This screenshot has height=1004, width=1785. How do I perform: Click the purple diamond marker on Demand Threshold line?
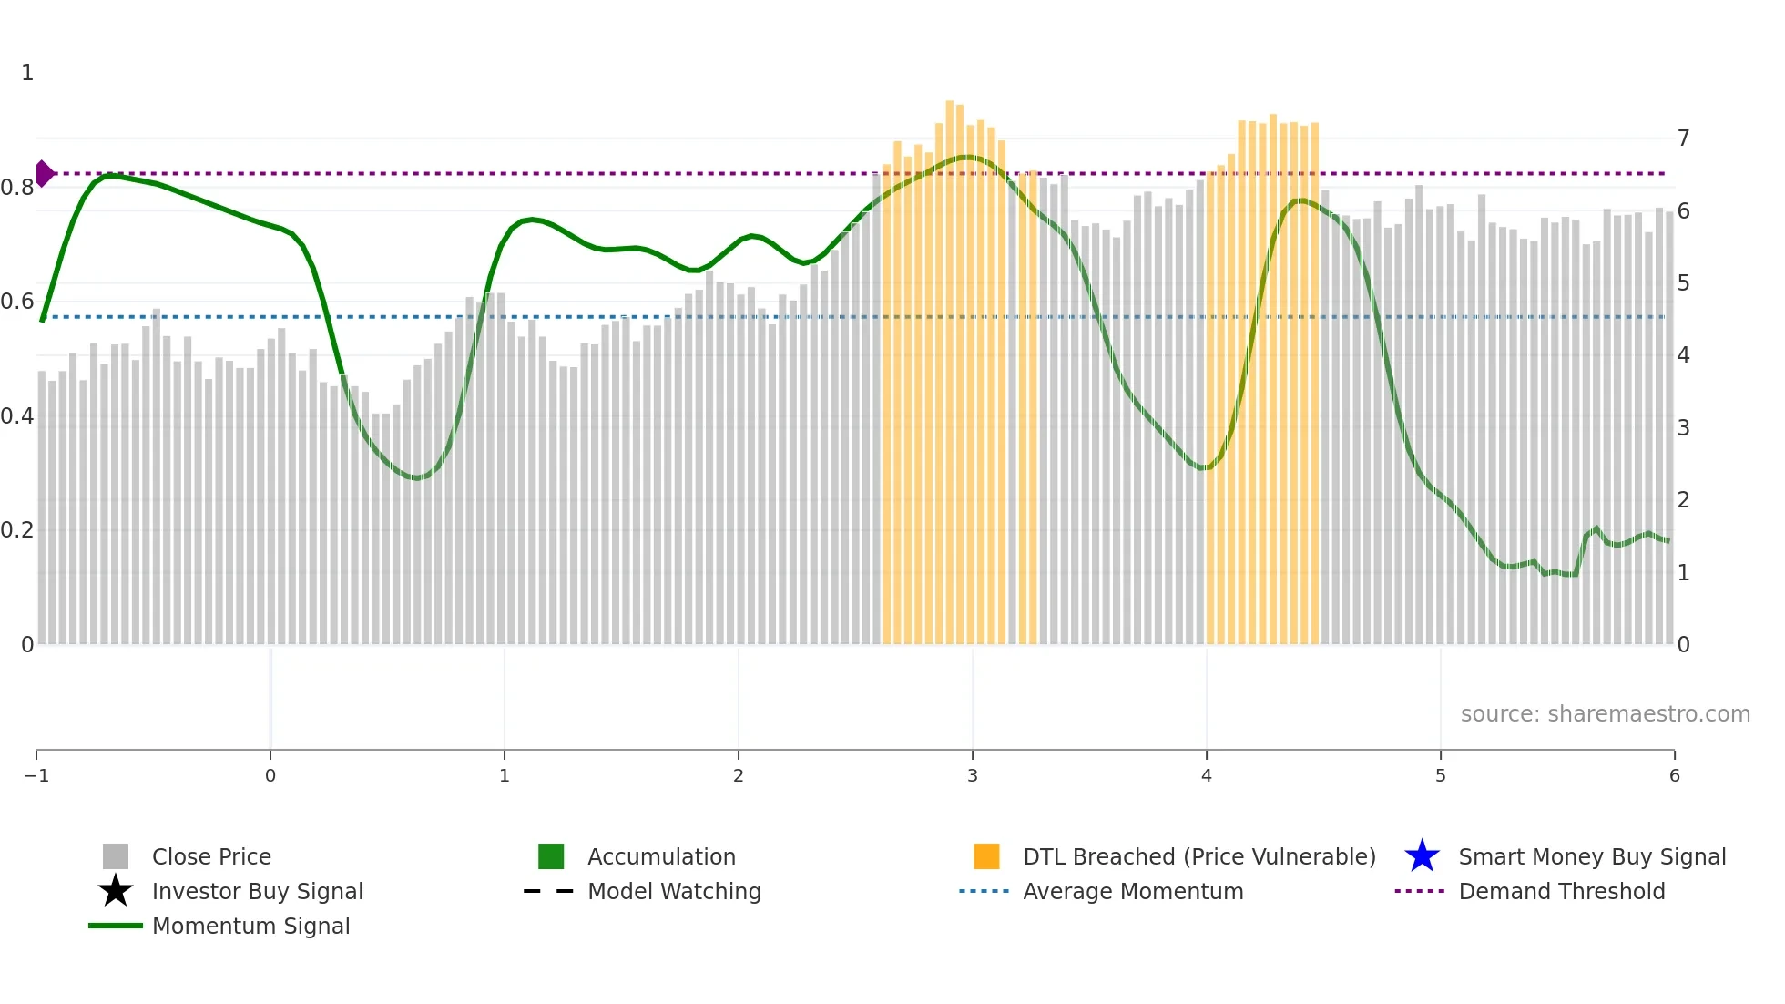[x=44, y=173]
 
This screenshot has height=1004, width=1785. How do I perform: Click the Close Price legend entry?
[x=210, y=856]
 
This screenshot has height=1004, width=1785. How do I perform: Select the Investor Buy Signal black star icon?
[x=116, y=891]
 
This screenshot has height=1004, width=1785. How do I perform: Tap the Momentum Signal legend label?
[x=250, y=926]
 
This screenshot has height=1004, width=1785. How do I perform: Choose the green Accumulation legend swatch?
[x=551, y=856]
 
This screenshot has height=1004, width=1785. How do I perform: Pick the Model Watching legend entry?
[x=673, y=891]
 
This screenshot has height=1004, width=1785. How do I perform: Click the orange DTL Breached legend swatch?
[x=986, y=856]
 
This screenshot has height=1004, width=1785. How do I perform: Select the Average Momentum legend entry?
[x=1132, y=891]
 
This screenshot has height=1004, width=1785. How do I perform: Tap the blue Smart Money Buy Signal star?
[x=1422, y=856]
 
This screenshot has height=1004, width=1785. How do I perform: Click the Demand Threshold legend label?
[x=1561, y=891]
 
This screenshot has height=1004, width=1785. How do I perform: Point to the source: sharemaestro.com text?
[x=1605, y=713]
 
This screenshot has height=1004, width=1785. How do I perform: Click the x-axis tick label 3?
[x=973, y=775]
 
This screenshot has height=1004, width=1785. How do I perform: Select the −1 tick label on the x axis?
[x=36, y=775]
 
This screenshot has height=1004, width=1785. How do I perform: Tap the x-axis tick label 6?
[x=1674, y=775]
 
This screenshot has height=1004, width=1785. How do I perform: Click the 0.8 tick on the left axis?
[x=17, y=188]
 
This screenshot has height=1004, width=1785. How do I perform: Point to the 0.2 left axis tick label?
[x=17, y=530]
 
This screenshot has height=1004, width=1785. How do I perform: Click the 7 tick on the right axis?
[x=1683, y=138]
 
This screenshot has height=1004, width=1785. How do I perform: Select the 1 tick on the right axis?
[x=1683, y=573]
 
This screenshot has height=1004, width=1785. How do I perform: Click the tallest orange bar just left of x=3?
[x=950, y=364]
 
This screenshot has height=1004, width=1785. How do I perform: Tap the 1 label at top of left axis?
[x=27, y=73]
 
